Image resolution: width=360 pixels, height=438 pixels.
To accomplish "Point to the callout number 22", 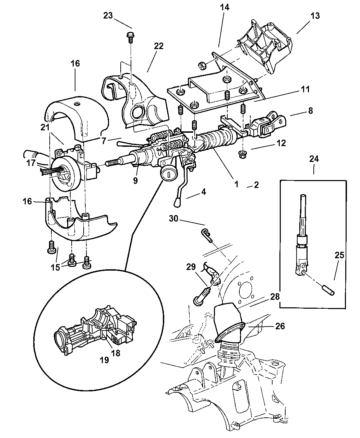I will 159,46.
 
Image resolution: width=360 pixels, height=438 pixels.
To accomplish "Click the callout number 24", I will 314,159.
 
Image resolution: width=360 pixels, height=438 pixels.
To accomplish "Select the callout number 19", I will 104,360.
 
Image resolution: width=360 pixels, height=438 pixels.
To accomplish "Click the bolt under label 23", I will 130,37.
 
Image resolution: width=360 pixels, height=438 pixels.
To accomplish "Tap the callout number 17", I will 31,163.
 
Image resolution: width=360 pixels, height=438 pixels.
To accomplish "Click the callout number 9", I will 135,180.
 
